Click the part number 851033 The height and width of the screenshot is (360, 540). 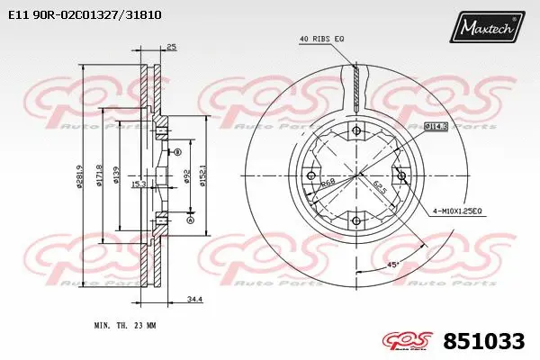point(484,342)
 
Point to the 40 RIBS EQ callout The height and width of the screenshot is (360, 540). point(322,39)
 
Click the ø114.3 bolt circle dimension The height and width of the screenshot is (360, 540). point(436,128)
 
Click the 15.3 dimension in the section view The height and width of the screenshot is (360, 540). point(138,184)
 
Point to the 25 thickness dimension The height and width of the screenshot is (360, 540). point(171,47)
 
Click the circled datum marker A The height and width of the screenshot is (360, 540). point(190,220)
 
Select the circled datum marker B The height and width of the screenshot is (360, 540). point(177,152)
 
